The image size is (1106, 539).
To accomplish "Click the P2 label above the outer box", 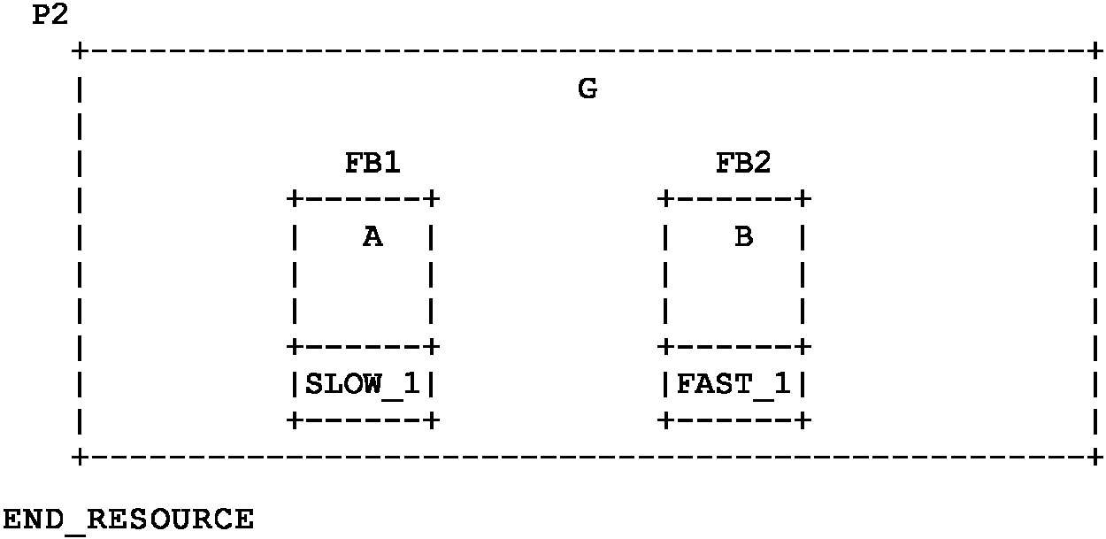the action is click(x=50, y=15).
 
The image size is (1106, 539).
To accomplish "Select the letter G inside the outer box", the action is click(x=587, y=89).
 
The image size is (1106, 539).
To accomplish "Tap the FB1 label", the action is click(x=373, y=163).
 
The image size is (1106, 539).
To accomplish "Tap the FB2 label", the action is click(x=743, y=163).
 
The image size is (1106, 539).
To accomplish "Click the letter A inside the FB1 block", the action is click(x=373, y=236).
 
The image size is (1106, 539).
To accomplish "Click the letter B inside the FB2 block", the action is click(x=743, y=236).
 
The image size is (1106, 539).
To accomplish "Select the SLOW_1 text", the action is click(x=361, y=385).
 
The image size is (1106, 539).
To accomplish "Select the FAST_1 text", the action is click(x=733, y=385).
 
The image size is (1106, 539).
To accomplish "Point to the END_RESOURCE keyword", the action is click(x=128, y=519).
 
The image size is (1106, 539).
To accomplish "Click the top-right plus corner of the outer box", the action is click(x=1096, y=51).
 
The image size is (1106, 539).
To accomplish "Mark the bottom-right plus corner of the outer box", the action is click(x=1096, y=458).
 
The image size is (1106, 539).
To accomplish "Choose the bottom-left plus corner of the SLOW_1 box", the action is click(x=294, y=421).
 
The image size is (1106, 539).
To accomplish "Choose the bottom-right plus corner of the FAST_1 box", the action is click(x=803, y=421).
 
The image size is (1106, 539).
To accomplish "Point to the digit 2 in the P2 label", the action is click(x=59, y=15).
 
